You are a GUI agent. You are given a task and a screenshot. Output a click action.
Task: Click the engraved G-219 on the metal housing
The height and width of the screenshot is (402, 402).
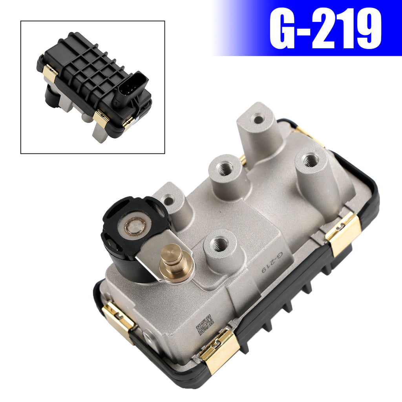pos(272,262)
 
